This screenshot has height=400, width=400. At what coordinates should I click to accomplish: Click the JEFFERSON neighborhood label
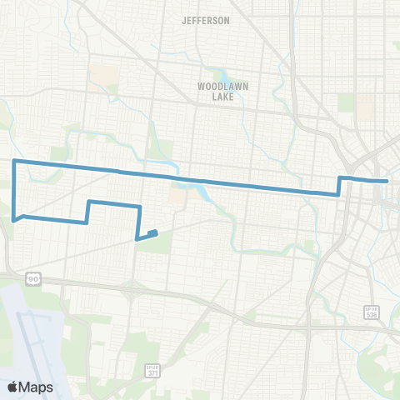(205, 21)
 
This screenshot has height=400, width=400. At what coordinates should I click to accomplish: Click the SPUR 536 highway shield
(372, 311)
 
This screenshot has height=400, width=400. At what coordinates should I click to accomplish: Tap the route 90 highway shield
(34, 278)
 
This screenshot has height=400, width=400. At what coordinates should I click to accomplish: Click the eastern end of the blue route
(387, 180)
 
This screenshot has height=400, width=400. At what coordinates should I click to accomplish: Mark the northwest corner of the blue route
(14, 159)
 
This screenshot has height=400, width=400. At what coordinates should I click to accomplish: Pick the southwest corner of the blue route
(15, 221)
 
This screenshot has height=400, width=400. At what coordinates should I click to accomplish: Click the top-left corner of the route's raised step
(88, 201)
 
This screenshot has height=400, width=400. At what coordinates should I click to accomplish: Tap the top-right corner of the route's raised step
(139, 205)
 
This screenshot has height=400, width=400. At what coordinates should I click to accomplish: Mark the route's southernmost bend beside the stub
(137, 238)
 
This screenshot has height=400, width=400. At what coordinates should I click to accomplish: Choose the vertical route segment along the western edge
(14, 190)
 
